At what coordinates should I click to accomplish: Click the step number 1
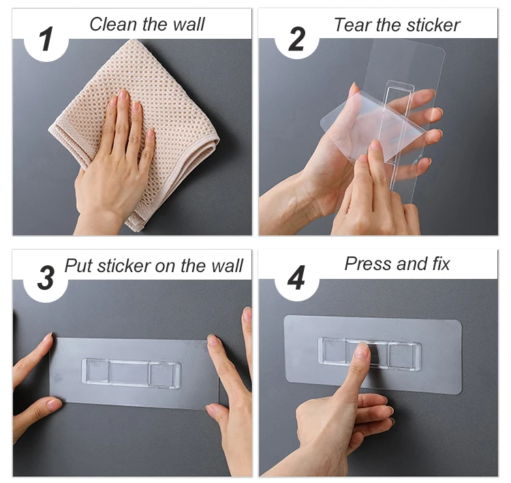(46, 39)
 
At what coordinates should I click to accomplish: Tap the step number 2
(296, 39)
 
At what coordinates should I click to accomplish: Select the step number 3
(46, 278)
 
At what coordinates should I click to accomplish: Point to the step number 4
(296, 278)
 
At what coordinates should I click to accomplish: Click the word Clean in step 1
(113, 24)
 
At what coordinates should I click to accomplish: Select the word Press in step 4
(369, 264)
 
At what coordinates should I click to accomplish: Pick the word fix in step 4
(442, 264)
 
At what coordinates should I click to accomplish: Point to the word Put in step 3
(78, 266)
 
